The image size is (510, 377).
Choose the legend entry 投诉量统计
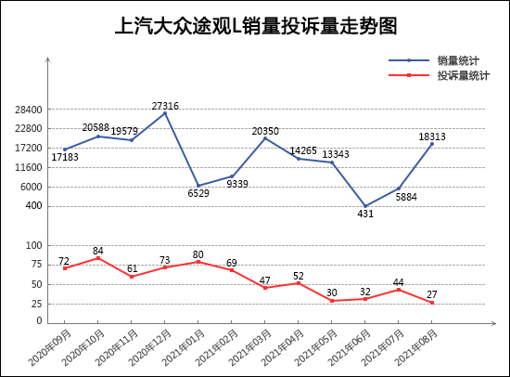[463, 75]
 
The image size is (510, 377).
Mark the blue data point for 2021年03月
[265, 137]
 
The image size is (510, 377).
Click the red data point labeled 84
[97, 257]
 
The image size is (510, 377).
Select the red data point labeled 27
[432, 302]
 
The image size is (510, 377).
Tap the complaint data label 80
[198, 253]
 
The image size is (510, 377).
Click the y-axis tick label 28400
[29, 109]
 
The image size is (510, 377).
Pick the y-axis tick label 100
[34, 245]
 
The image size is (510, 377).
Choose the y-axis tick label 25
[37, 304]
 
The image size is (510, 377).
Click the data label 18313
[432, 136]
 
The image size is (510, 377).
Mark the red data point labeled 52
[299, 282]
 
